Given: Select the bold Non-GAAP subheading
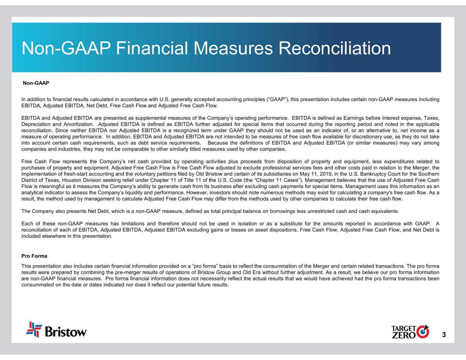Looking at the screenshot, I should (36, 83).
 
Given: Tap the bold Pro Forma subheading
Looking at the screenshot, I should (34, 256).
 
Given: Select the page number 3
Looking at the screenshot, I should (443, 334).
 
